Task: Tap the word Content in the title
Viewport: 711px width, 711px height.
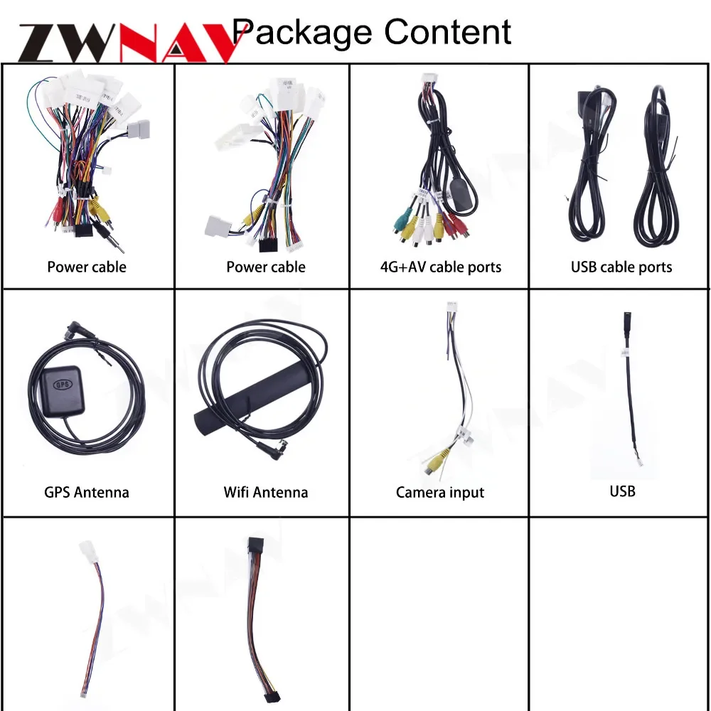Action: [448, 32]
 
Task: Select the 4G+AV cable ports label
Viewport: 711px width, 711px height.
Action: [440, 267]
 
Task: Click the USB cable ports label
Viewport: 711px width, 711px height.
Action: [621, 267]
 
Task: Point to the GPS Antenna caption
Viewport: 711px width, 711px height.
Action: [87, 492]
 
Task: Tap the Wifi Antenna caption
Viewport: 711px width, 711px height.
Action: [265, 492]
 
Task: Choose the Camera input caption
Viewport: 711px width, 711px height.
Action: [440, 492]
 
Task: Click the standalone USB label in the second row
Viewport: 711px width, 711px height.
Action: [622, 491]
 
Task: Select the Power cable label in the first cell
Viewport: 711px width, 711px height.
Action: [87, 267]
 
